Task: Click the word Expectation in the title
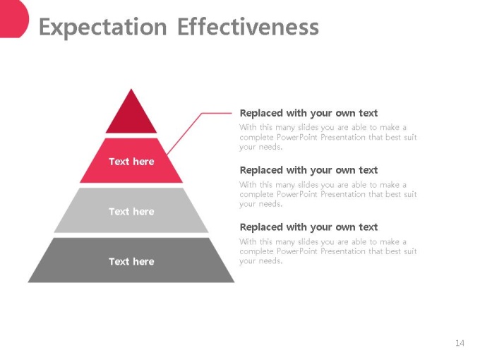coord(102,27)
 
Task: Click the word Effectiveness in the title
coord(248,27)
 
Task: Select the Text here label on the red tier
coord(131,162)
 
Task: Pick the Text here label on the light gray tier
coord(131,211)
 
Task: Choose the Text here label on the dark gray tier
coord(131,261)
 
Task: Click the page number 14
coord(460,343)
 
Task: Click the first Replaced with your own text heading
coord(308,113)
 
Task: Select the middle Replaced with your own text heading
coord(308,170)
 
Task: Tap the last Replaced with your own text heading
coord(308,227)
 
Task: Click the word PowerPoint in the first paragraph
coord(296,137)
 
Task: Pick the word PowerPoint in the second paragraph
coord(296,194)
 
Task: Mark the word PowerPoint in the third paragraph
coord(296,251)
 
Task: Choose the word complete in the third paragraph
coord(256,251)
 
